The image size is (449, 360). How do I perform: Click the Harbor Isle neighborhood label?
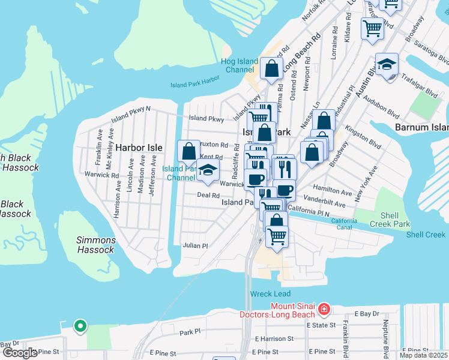pyautogui.click(x=139, y=147)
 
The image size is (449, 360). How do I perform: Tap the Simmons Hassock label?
pyautogui.click(x=96, y=245)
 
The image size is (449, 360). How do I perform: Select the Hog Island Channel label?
pyautogui.click(x=240, y=65)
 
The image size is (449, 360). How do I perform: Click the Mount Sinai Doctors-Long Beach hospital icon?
pyautogui.click(x=324, y=309)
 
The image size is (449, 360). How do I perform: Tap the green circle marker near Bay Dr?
pyautogui.click(x=80, y=326)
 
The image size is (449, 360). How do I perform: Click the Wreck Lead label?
pyautogui.click(x=270, y=294)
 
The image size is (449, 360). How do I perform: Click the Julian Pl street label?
pyautogui.click(x=196, y=246)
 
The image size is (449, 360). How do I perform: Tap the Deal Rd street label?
pyautogui.click(x=208, y=196)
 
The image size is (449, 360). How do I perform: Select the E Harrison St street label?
pyautogui.click(x=274, y=339)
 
